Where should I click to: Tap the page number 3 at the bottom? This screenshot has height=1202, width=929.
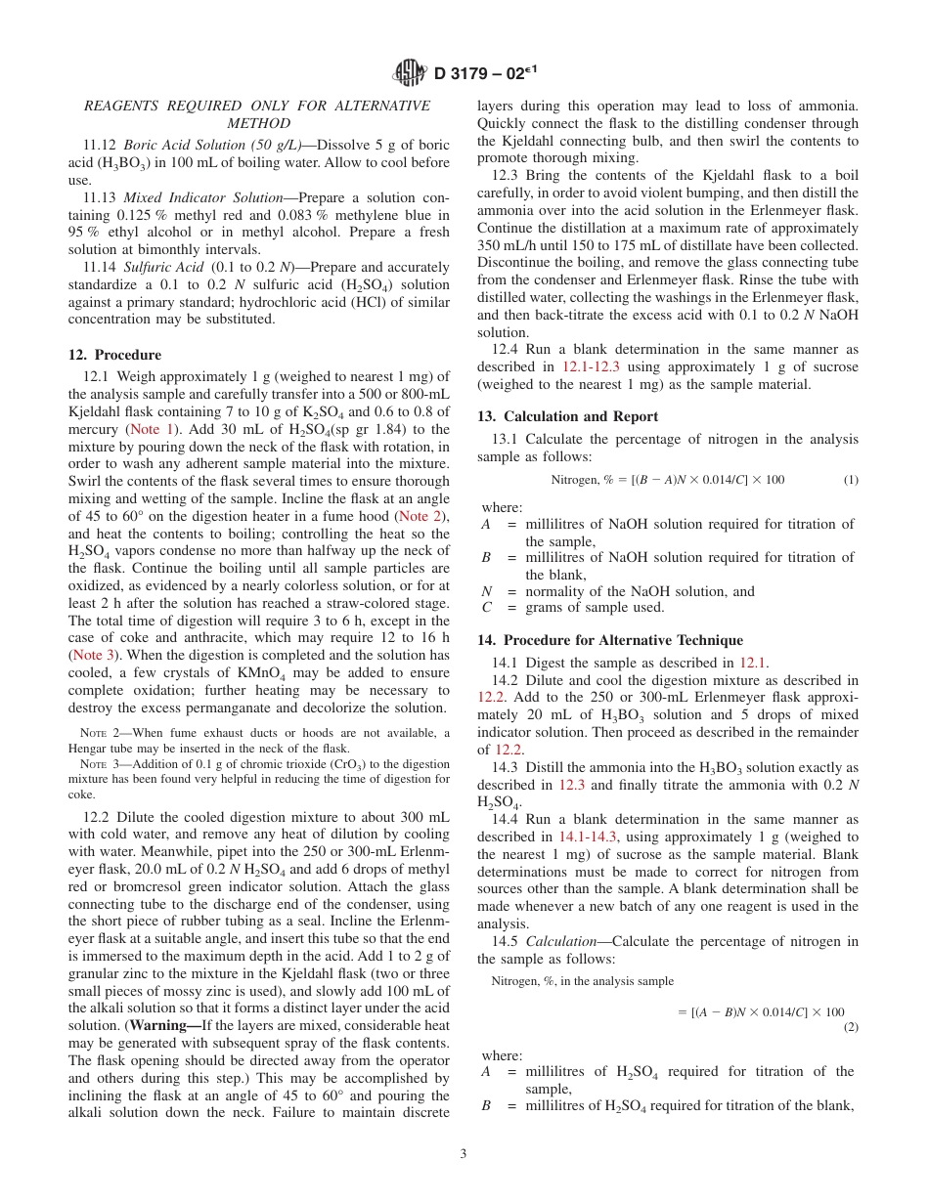[x=464, y=1153]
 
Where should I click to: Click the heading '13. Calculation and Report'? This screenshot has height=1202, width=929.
[x=567, y=416]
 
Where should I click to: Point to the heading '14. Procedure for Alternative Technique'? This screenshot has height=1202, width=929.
[x=610, y=640]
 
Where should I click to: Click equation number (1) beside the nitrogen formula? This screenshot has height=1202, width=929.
[x=850, y=480]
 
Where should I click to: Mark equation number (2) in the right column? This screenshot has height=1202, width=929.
[x=850, y=1027]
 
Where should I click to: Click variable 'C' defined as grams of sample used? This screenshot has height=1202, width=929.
[x=486, y=607]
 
